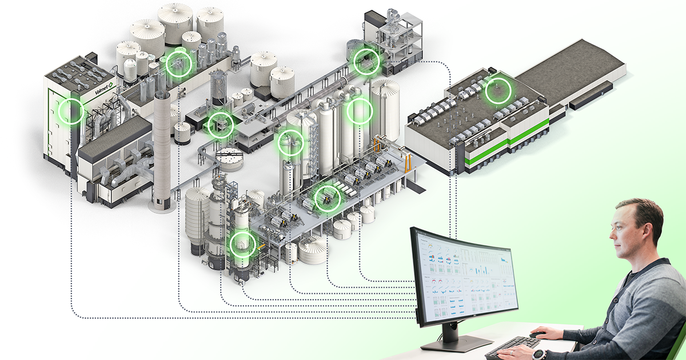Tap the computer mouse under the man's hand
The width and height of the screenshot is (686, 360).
(538, 335)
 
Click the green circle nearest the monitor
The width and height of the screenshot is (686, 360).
(242, 244)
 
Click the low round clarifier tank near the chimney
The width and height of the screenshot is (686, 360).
(230, 159)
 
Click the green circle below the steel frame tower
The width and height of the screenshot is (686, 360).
(366, 61)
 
